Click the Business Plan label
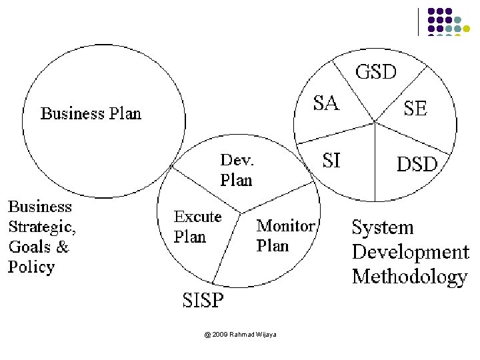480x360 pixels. click(91, 113)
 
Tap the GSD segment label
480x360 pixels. click(376, 72)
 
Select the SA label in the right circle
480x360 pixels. click(326, 103)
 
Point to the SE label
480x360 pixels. click(415, 109)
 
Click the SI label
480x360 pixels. click(331, 161)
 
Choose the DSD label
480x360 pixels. click(417, 164)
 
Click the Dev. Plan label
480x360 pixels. click(237, 170)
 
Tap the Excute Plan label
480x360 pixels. click(197, 227)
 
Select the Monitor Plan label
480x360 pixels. click(285, 236)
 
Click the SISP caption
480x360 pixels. click(203, 301)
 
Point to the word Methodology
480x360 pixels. click(409, 277)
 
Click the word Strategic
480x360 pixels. click(41, 227)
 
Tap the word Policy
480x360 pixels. click(31, 267)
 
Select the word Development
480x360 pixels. click(411, 253)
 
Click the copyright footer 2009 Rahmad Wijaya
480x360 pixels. click(241, 334)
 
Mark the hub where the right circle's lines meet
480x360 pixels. click(375, 122)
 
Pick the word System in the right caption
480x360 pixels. click(383, 228)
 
